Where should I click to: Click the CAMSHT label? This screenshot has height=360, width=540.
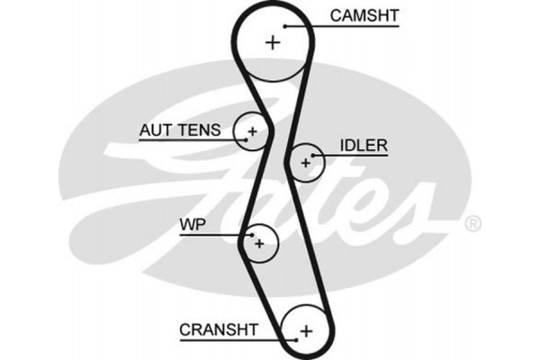[364, 15]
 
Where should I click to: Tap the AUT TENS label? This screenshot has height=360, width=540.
[179, 130]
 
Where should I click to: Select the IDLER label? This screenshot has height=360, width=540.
[363, 145]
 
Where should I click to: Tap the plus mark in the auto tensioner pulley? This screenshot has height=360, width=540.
[252, 132]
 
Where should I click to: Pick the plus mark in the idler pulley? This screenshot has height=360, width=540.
[306, 163]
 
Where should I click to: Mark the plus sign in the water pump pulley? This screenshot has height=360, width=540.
[259, 242]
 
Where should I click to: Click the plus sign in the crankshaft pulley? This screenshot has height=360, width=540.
[305, 330]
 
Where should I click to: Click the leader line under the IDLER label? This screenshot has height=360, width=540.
[351, 156]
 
